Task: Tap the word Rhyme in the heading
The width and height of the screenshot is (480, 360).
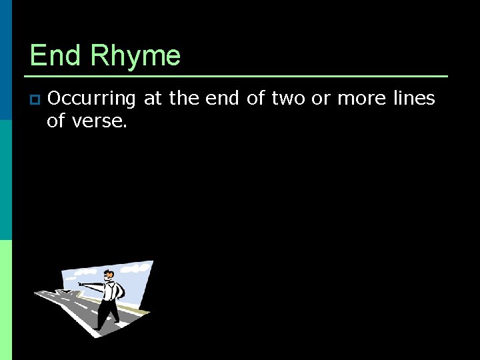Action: (135, 56)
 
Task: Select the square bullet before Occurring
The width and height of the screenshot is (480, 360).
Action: (35, 100)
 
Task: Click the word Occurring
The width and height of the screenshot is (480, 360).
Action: (91, 99)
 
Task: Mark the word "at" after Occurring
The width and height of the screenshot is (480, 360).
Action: (153, 99)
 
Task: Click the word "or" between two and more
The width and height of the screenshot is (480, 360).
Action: (321, 99)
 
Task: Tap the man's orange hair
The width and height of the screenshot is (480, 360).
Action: (109, 273)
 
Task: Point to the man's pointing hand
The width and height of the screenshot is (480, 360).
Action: (81, 284)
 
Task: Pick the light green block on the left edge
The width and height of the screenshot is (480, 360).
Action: (5, 300)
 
